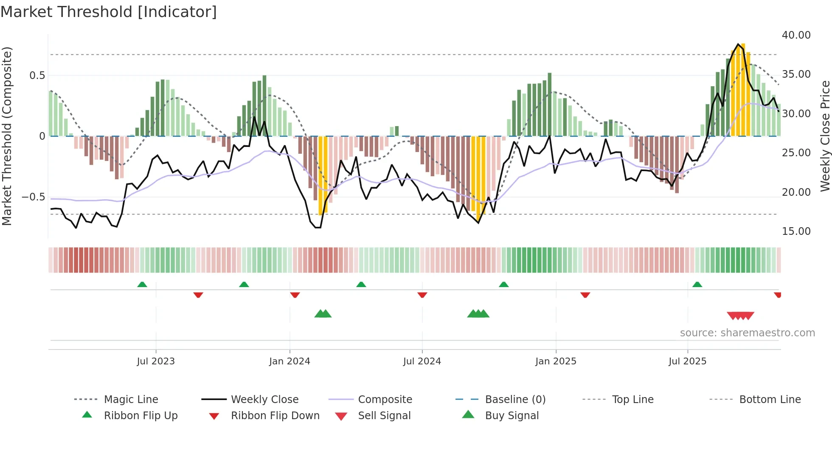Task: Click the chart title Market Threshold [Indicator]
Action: tap(109, 12)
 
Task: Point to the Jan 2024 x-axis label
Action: tap(290, 361)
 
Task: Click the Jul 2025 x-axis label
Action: tap(687, 361)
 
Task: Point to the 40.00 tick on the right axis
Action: tap(796, 35)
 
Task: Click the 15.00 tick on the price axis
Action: tap(796, 231)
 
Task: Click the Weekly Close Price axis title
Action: tap(825, 136)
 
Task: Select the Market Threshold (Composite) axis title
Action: tap(7, 136)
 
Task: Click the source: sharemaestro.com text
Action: tap(747, 333)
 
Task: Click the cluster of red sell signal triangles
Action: tap(740, 316)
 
